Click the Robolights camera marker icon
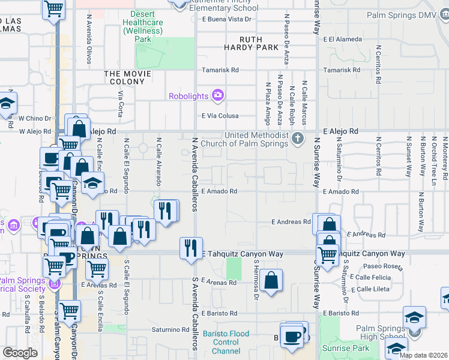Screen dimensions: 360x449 (x=217, y=95)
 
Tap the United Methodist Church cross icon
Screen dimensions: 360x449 (x=297, y=139)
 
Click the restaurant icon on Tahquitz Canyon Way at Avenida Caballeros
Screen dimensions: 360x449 (x=191, y=247)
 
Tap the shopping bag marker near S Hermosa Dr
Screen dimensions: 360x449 (x=271, y=280)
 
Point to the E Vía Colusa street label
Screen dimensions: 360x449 (x=220, y=116)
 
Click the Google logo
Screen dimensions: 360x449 (x=20, y=353)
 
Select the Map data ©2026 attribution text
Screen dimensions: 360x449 (x=423, y=355)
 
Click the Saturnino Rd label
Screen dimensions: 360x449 (x=170, y=329)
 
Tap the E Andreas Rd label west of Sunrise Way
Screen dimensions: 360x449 (x=291, y=221)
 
